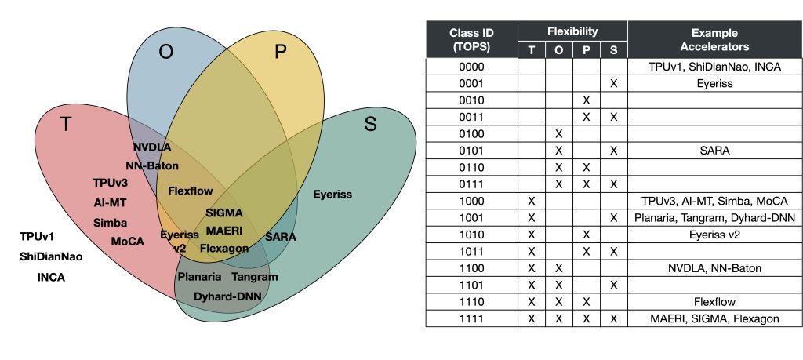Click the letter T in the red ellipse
(66, 124)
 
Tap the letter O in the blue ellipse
(165, 53)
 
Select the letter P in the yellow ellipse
(281, 53)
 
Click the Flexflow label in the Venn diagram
(191, 191)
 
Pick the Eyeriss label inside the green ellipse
(332, 194)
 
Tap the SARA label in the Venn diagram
(280, 236)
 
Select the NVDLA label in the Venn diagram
(152, 147)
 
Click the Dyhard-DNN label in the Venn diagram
(227, 296)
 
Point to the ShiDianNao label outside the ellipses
(51, 256)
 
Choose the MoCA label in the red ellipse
(127, 242)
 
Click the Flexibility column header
(572, 32)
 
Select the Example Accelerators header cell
(714, 41)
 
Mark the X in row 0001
(613, 84)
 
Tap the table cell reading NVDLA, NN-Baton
(714, 268)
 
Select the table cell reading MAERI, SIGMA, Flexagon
(714, 318)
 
